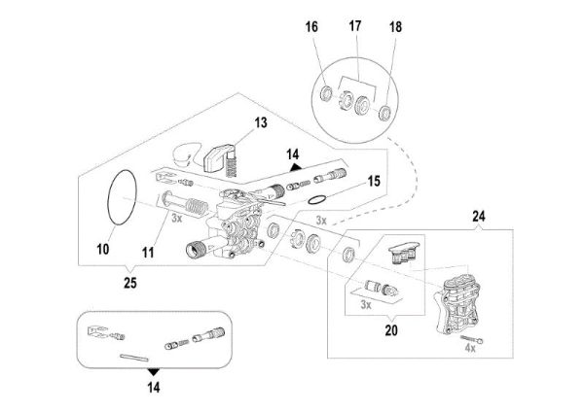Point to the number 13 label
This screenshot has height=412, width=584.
tap(260, 122)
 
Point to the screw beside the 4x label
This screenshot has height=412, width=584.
tap(481, 335)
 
